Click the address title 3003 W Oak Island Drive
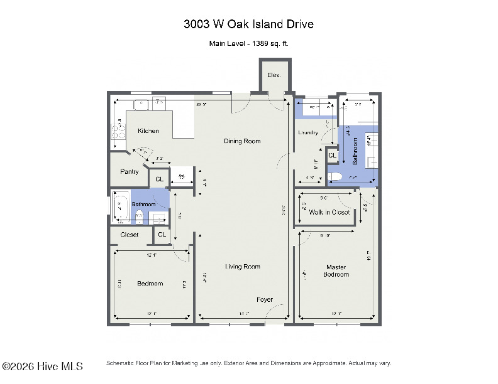pos(248,24)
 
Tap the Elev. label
pos(274,75)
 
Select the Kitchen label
pos(148,131)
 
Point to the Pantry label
pos(129,172)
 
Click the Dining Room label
pos(242,141)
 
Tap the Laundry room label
pos(309,132)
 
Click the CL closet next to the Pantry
pos(159,179)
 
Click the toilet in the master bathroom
pos(335,176)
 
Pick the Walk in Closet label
pos(329,212)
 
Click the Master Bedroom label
pos(336,270)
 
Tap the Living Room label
pos(242,267)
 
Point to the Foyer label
pos(265,299)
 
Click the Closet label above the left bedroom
pos(129,235)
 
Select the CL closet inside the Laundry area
pos(332,155)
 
